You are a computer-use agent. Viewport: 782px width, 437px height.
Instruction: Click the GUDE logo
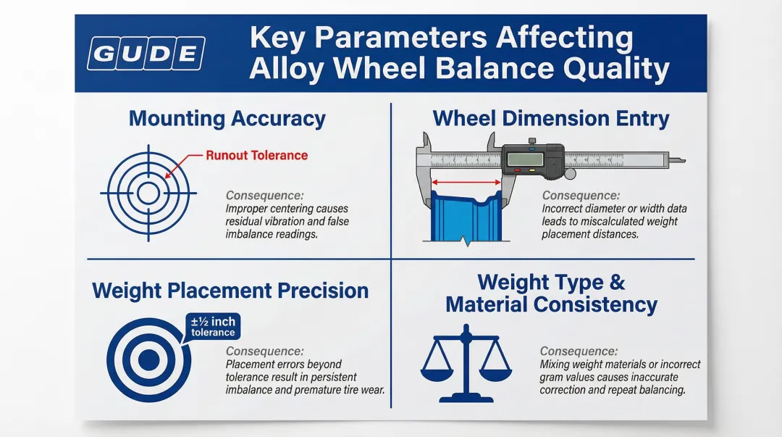pyautogui.click(x=146, y=54)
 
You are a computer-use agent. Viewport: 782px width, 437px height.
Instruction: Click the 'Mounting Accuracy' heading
pyautogui.click(x=227, y=118)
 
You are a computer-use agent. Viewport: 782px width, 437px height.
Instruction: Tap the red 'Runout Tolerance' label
pyautogui.click(x=256, y=155)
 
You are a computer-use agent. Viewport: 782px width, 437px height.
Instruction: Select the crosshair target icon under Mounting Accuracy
pyautogui.click(x=148, y=193)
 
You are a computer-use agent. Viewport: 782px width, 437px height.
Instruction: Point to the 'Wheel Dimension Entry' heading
pyautogui.click(x=550, y=118)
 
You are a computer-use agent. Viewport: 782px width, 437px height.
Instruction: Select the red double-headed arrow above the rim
pyautogui.click(x=466, y=183)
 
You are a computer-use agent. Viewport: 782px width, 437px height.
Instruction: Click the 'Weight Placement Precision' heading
pyautogui.click(x=230, y=291)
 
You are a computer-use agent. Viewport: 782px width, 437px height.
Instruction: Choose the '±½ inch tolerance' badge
pyautogui.click(x=213, y=327)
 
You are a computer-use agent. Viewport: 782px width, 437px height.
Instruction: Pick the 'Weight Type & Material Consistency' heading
pyautogui.click(x=551, y=294)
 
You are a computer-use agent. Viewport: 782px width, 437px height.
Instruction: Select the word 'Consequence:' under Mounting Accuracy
pyautogui.click(x=264, y=195)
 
